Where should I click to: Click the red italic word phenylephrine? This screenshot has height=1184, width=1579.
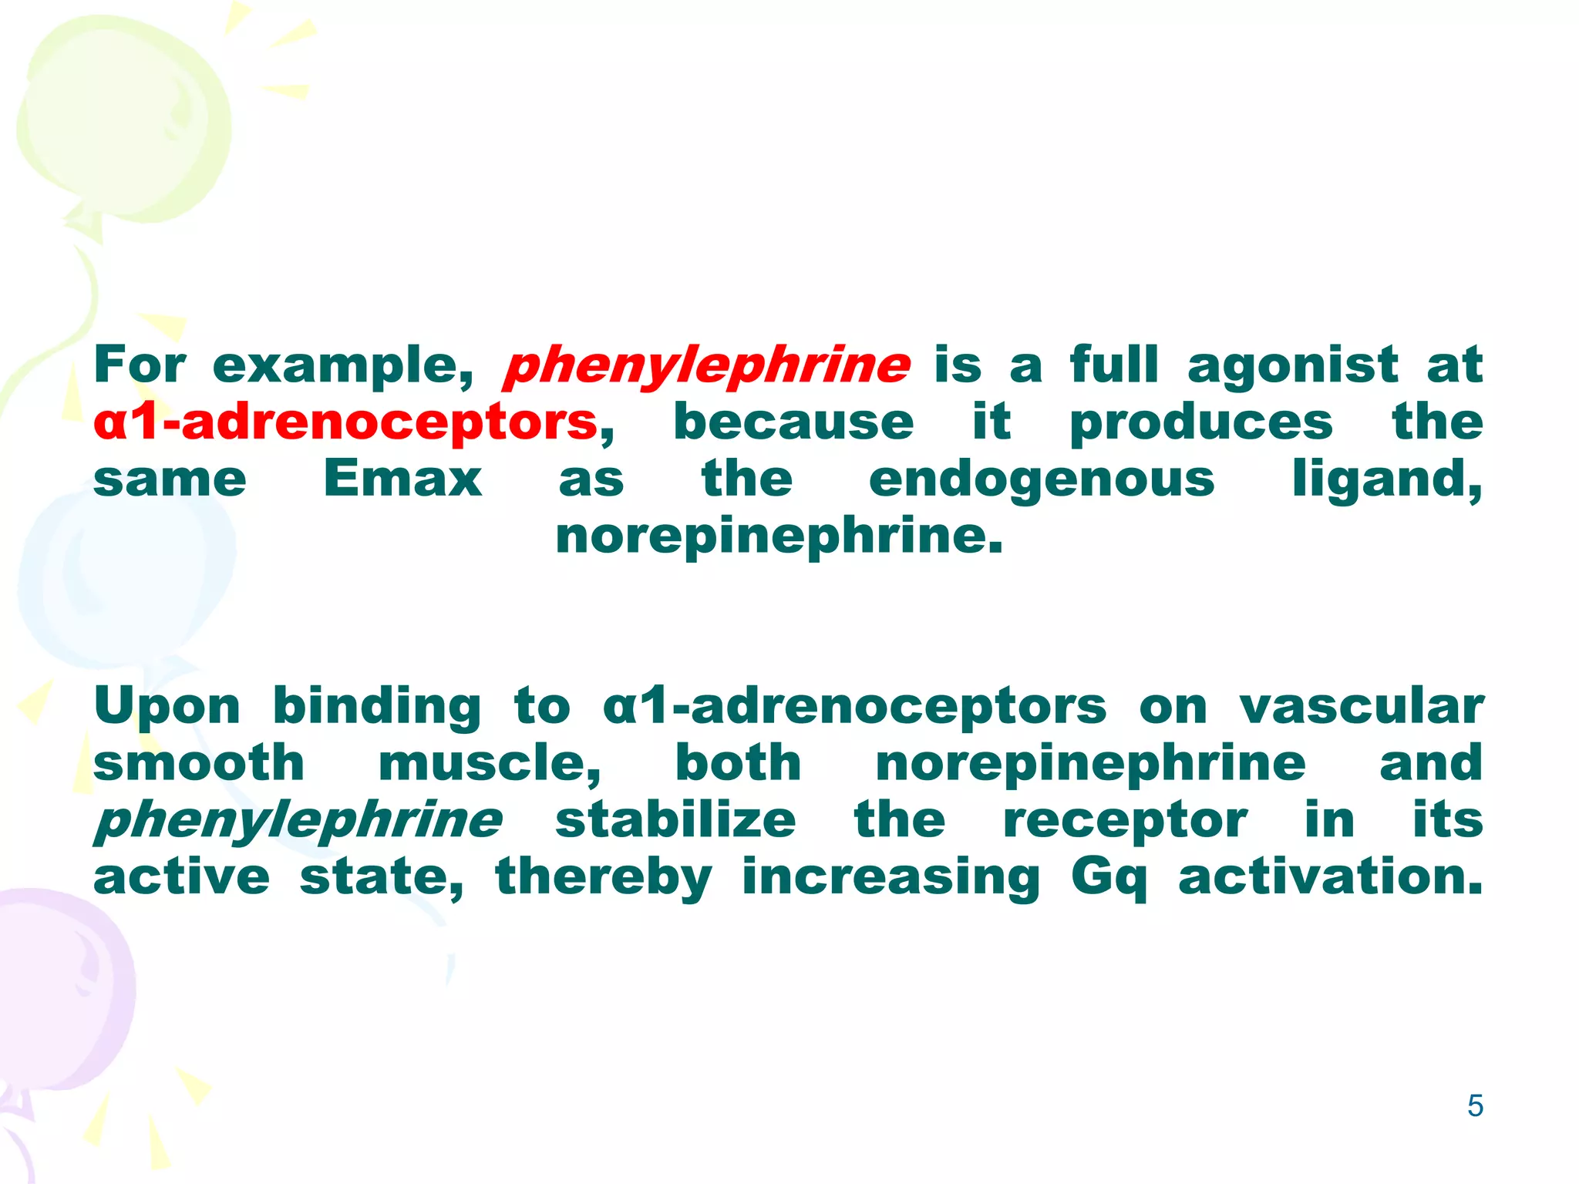(706, 365)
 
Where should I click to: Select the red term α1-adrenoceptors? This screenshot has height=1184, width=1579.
(345, 422)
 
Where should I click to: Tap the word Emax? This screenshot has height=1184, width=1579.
(402, 479)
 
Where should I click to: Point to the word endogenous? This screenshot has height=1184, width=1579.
(1042, 480)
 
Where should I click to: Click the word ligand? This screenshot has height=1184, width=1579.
(1385, 480)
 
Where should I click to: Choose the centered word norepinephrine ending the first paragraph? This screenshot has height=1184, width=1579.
(779, 536)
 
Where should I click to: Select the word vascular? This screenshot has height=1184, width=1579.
(1361, 706)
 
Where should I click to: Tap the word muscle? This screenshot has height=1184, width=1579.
(489, 763)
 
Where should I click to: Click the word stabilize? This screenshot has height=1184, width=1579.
(675, 819)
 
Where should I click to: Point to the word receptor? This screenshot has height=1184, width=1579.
(1125, 820)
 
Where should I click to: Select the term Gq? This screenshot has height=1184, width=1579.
(1109, 877)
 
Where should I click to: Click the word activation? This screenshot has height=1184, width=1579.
(1330, 876)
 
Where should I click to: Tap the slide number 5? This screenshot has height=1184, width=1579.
(1475, 1106)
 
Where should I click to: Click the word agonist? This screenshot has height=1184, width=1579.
(1292, 365)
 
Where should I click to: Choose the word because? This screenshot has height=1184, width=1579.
(793, 422)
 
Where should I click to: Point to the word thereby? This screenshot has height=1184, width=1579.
(604, 877)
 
